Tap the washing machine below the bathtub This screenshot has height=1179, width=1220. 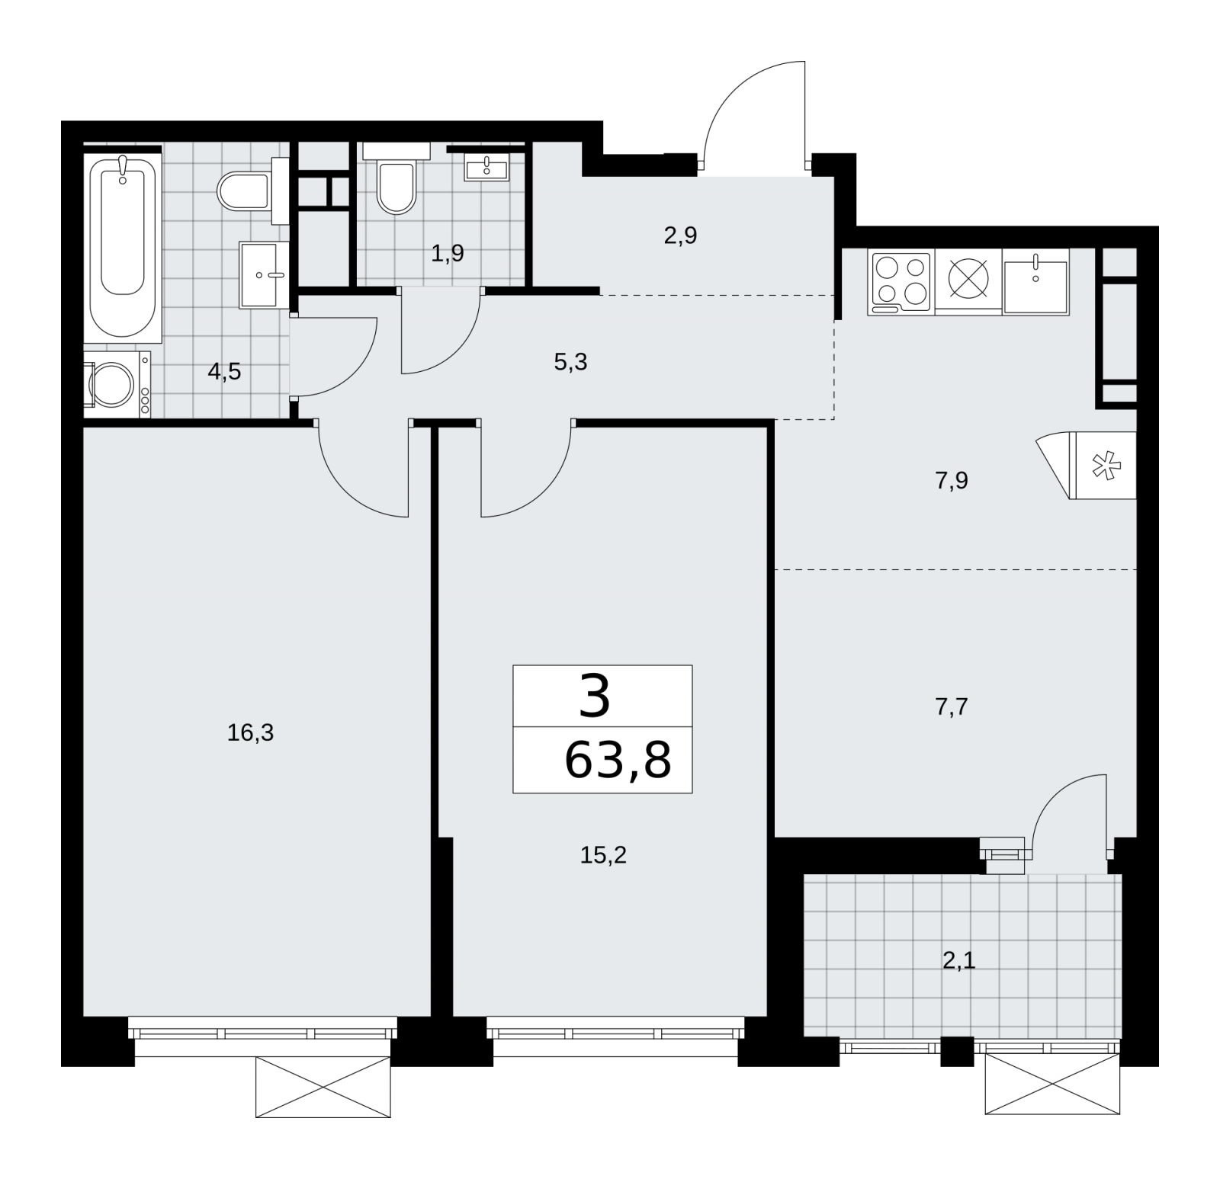117,385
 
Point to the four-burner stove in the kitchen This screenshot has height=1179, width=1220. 901,284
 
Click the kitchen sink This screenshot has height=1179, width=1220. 1035,282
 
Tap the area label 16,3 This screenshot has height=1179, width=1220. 250,733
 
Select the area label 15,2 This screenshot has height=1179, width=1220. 603,856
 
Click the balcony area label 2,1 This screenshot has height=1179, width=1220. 959,961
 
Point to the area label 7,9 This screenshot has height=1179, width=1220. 952,481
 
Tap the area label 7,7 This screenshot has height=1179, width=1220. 952,707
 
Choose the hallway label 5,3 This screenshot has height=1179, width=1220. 570,362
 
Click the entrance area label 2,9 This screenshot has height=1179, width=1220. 680,235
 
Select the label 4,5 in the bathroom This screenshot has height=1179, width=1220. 224,372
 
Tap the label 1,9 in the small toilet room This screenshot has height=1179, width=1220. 448,253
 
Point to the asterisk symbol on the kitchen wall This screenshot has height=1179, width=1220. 1102,466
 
